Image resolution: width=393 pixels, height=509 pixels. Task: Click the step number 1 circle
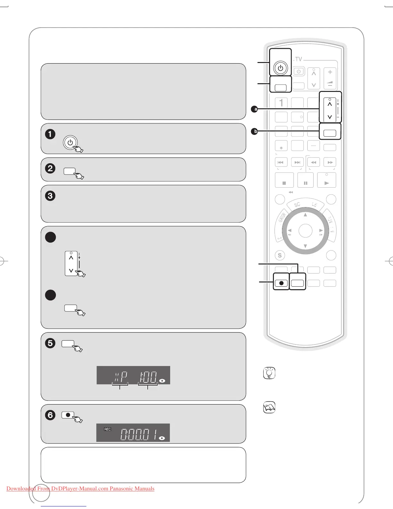50,134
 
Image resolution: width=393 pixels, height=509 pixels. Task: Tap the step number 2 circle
50,168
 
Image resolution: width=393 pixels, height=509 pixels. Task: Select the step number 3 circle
50,196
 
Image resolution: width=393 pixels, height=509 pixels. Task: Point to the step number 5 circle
50,343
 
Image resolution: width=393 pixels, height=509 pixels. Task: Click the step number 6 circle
50,415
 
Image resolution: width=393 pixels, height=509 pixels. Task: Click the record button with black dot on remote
281,283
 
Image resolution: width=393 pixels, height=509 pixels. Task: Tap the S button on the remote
280,255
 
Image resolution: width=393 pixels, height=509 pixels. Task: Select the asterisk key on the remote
281,147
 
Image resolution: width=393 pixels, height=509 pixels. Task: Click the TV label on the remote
299,59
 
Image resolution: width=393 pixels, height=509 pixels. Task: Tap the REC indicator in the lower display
108,429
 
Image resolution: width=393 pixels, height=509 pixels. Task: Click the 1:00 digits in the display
148,377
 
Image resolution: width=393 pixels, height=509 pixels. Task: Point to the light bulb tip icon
269,373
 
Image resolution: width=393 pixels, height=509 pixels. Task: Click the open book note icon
269,408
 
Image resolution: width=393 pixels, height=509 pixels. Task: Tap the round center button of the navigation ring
305,231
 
